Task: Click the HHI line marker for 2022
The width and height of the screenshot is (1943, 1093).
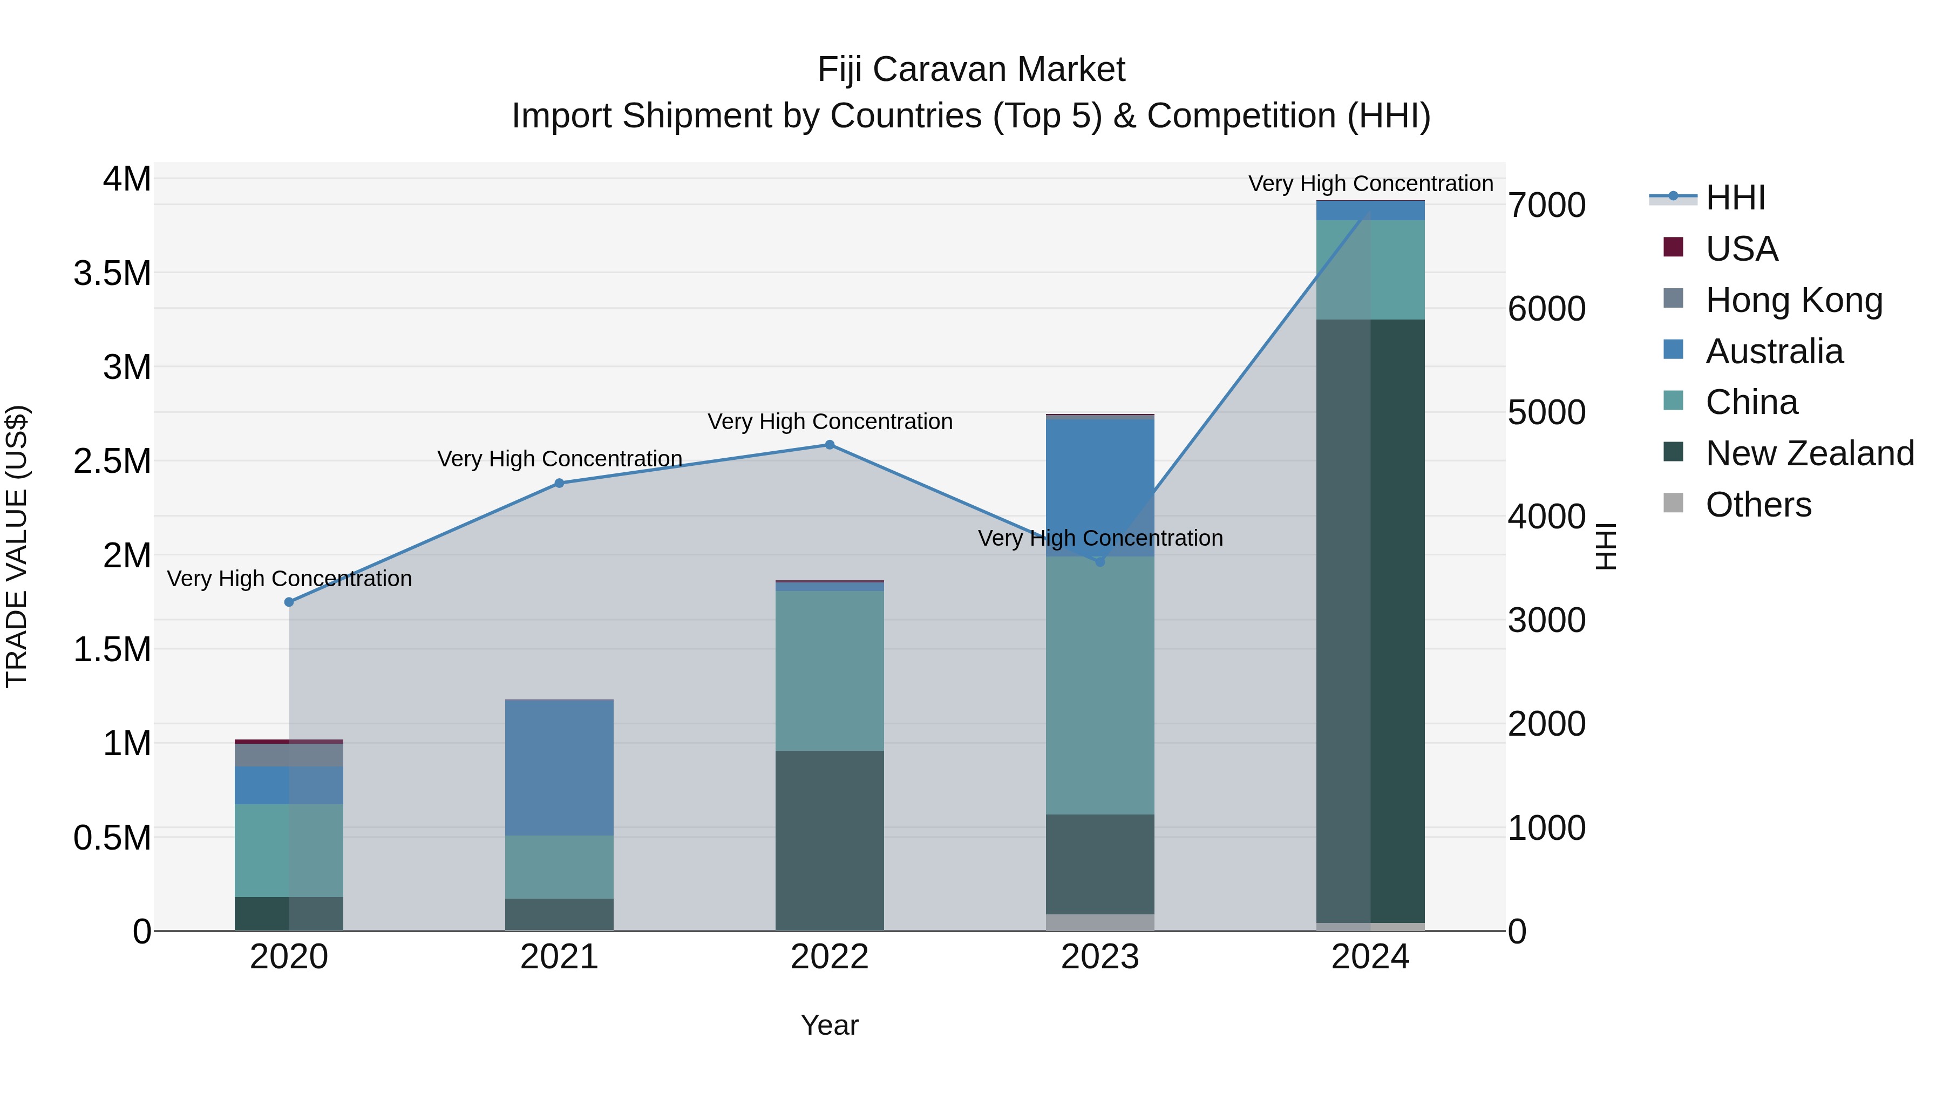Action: [x=830, y=445]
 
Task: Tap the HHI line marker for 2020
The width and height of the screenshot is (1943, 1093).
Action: [x=289, y=602]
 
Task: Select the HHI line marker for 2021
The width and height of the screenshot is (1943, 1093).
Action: [x=559, y=484]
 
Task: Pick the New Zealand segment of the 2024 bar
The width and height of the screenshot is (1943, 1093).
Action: [x=1370, y=620]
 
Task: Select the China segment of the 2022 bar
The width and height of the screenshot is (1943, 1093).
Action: [x=830, y=670]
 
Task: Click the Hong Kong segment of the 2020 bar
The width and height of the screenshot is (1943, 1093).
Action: [x=289, y=755]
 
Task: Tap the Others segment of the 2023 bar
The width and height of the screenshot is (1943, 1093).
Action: [x=1100, y=922]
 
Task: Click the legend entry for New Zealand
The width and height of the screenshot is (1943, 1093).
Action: [x=1810, y=453]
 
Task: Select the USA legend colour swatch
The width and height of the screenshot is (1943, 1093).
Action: [x=1673, y=247]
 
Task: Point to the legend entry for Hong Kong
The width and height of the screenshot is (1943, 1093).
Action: [x=1793, y=300]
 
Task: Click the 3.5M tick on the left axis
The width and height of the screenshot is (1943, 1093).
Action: [x=112, y=273]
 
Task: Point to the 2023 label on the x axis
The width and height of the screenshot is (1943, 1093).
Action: [x=1100, y=957]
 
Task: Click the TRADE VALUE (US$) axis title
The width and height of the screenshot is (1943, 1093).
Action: [x=17, y=546]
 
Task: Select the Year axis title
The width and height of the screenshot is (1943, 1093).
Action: [x=829, y=1025]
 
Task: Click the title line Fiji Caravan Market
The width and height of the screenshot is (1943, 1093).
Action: [x=971, y=70]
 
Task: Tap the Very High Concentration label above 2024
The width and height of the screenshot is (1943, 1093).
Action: [x=1370, y=184]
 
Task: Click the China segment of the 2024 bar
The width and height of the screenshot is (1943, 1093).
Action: [x=1370, y=269]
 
